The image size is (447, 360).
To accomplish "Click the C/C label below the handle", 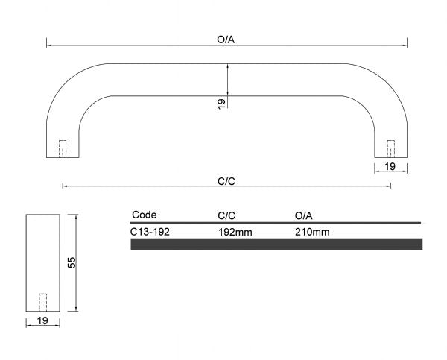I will [226, 180].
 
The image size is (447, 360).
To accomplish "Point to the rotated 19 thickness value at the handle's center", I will [221, 104].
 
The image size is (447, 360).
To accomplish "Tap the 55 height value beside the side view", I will [72, 262].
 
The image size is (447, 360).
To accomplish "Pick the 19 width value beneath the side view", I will [42, 320].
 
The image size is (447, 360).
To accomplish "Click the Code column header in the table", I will [145, 215].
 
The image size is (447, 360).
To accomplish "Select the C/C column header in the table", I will [226, 215].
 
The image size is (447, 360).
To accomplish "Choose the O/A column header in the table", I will [304, 215].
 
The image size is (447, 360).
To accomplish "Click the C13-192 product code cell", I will [150, 232].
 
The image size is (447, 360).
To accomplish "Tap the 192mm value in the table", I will [235, 232].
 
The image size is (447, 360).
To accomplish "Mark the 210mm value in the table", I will [312, 232].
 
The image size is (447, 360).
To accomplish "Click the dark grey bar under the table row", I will [276, 244].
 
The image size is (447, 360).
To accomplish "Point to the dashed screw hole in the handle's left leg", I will [63, 148].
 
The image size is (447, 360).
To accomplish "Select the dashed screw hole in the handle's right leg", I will [390, 148].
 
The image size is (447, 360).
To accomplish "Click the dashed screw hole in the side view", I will [42, 302].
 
